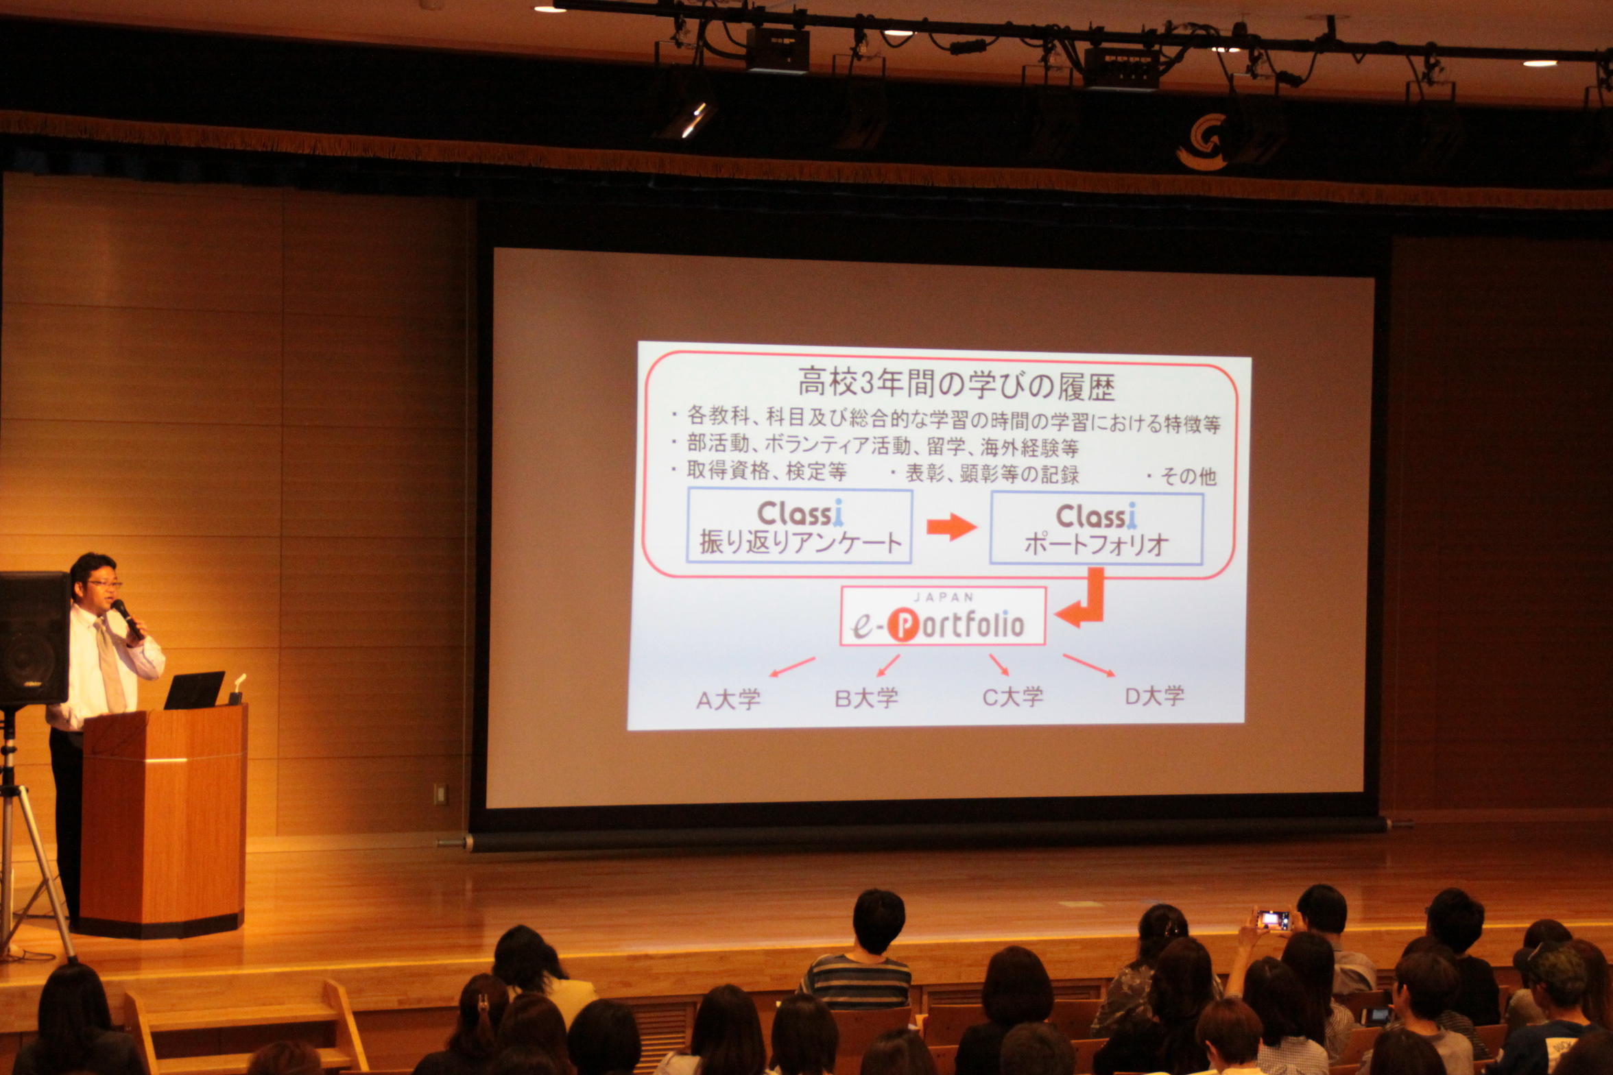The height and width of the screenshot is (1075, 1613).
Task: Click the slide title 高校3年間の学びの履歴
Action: pos(956,384)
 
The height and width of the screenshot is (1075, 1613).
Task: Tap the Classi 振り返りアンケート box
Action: pos(800,526)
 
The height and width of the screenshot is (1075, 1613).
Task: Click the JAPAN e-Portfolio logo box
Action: pos(943,616)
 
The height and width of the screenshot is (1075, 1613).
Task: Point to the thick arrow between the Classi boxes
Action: pos(951,527)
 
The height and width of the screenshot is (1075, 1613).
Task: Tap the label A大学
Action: pos(728,700)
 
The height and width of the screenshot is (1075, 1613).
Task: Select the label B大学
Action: pos(866,699)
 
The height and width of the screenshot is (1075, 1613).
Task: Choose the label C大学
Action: pos(1013,697)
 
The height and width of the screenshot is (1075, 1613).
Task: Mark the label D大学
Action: pos(1155,696)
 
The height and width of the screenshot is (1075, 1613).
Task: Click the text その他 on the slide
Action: pos(1188,476)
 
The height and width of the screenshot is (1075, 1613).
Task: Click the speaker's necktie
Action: pos(110,665)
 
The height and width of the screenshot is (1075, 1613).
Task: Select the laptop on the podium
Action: pos(195,690)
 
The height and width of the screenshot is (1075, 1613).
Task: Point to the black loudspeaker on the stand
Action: pos(34,639)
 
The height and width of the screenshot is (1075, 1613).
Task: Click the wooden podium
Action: pos(163,821)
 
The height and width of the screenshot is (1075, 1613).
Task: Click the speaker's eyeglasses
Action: pos(104,584)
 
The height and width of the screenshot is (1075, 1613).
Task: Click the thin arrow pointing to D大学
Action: pos(1089,665)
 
